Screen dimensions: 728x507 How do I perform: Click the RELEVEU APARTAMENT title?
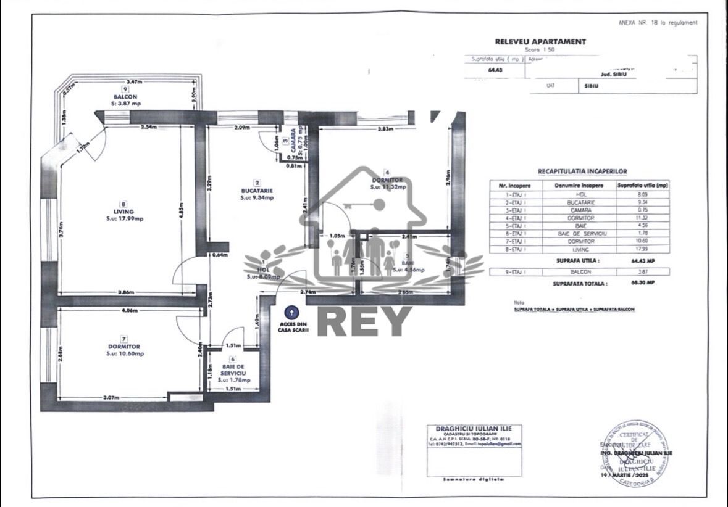pos(540,42)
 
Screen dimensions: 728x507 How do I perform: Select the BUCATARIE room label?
pos(256,191)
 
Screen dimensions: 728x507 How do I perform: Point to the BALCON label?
pos(125,97)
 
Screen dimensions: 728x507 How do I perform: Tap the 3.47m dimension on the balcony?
pos(135,82)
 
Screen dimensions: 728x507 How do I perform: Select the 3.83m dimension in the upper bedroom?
pos(386,130)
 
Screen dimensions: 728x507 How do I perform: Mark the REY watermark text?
pos(364,322)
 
